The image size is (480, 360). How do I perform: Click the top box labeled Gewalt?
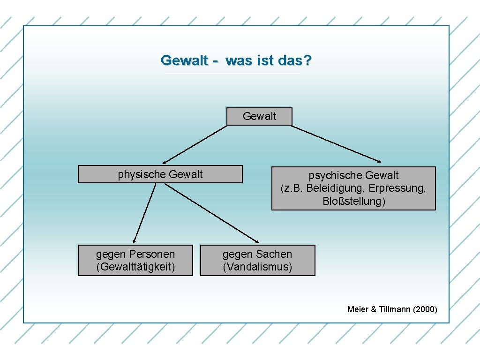click(x=259, y=117)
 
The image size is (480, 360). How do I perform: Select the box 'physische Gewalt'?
click(x=160, y=174)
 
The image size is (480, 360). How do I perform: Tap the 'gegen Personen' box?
click(x=135, y=260)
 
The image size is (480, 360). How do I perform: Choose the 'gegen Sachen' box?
click(x=257, y=260)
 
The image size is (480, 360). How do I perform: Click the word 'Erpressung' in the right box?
click(x=397, y=188)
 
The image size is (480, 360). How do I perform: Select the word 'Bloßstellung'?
click(x=354, y=202)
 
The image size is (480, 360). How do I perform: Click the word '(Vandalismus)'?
click(x=257, y=267)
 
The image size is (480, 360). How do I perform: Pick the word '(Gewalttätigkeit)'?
click(x=135, y=267)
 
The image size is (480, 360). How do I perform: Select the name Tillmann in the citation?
click(x=393, y=309)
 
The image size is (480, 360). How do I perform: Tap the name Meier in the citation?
click(x=358, y=309)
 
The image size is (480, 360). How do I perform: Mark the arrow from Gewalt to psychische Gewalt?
click(x=337, y=144)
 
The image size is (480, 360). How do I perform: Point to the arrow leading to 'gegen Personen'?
click(x=143, y=213)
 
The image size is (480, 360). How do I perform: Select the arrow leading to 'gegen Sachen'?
click(x=211, y=213)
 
